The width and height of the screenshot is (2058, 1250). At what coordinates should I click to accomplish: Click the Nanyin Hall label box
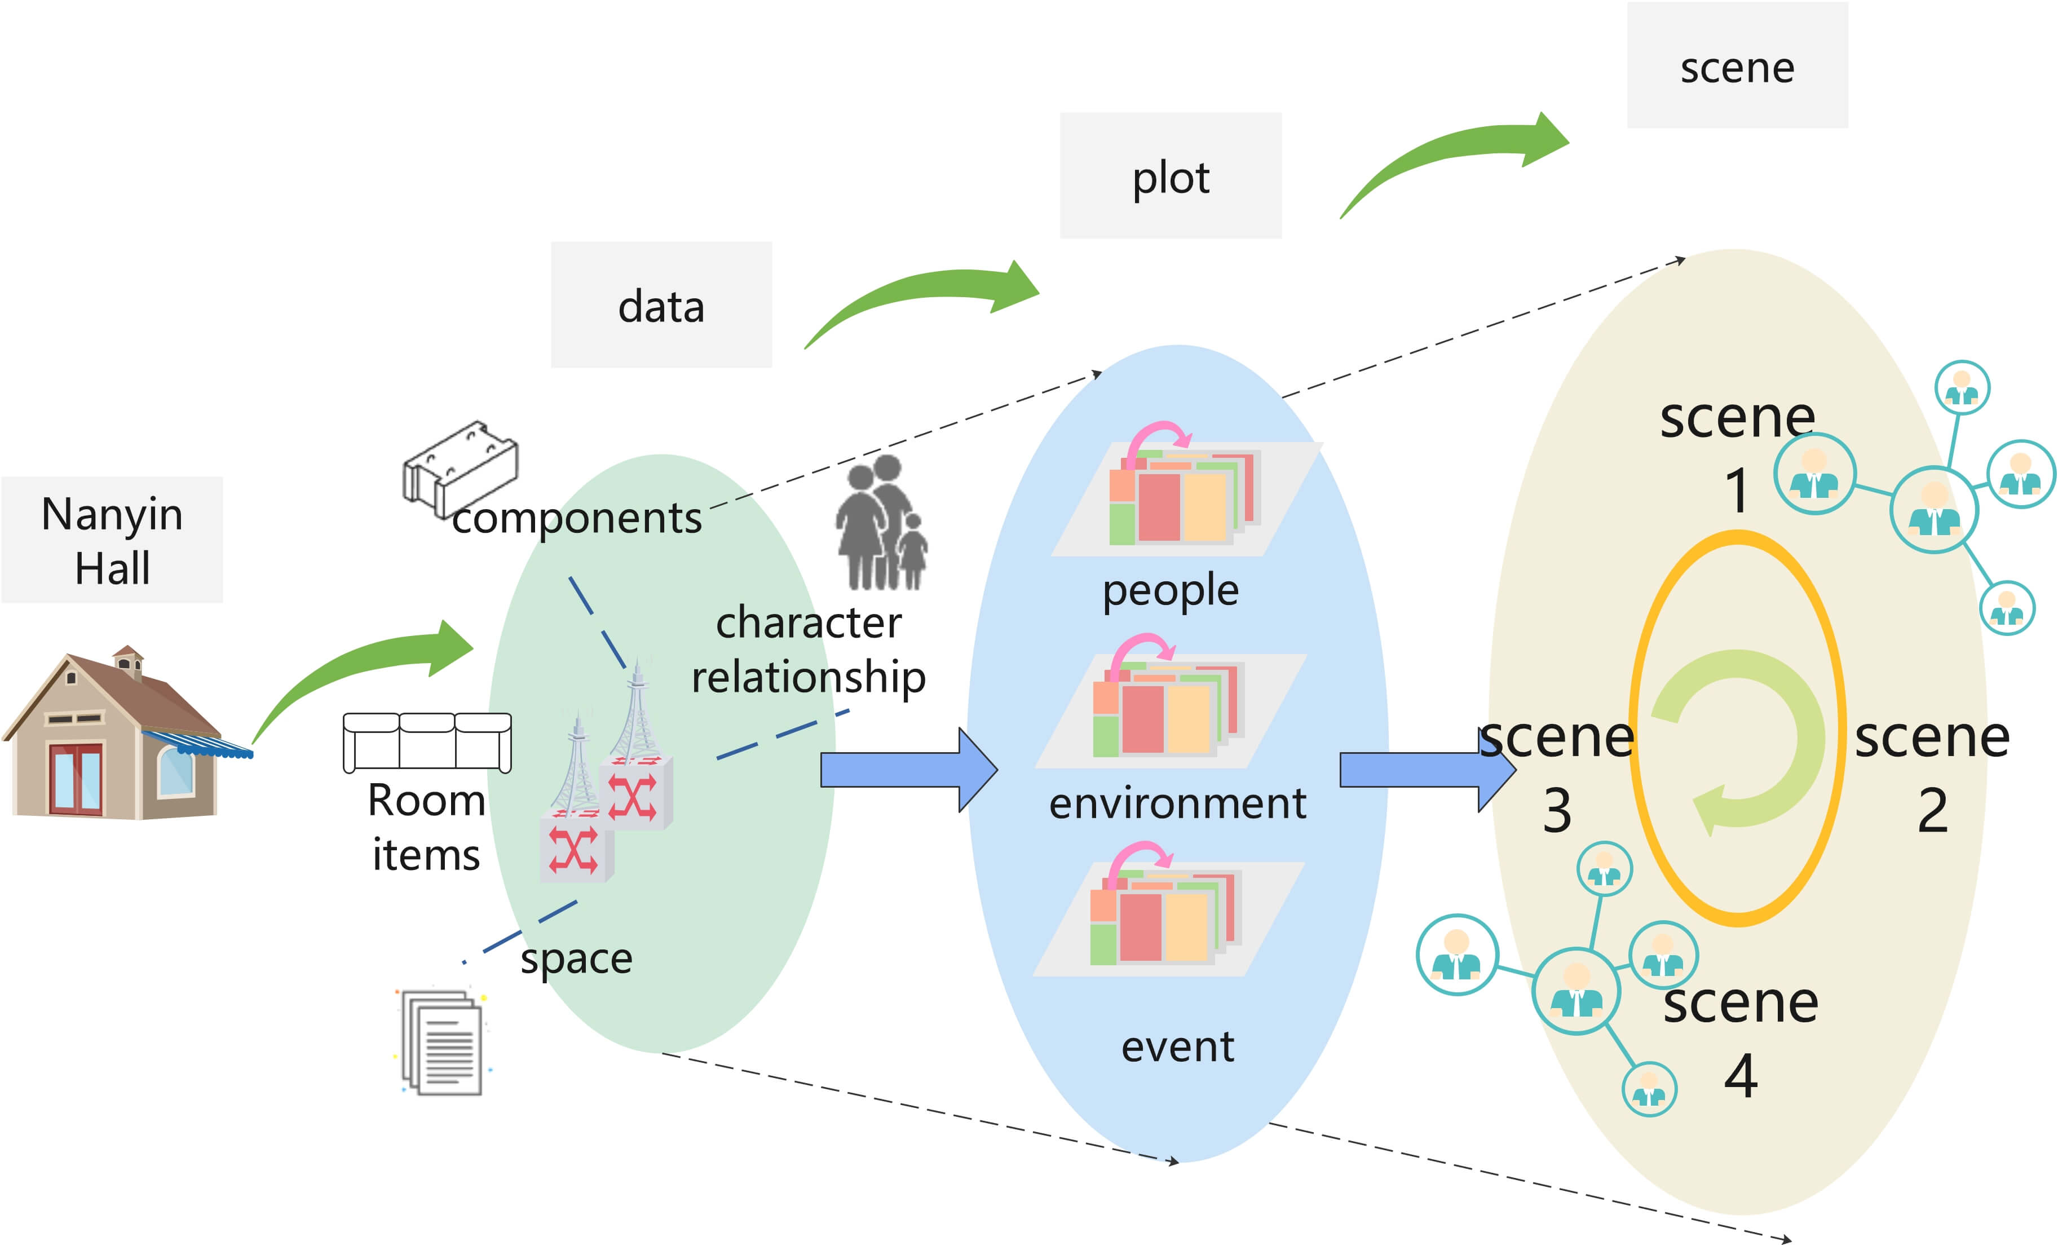(112, 540)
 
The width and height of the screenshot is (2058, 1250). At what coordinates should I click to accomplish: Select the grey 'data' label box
(661, 306)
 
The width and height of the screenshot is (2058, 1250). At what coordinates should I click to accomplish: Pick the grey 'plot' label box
(1170, 176)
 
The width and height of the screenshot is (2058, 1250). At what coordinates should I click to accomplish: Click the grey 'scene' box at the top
(1737, 66)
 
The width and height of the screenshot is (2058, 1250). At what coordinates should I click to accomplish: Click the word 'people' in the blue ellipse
(1170, 590)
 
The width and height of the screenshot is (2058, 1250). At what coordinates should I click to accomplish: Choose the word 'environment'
(1177, 803)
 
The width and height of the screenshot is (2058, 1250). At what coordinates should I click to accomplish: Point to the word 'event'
(1177, 1046)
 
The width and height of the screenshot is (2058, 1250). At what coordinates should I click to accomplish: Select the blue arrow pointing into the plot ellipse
(906, 769)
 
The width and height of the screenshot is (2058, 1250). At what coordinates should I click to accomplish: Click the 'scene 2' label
(1932, 772)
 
